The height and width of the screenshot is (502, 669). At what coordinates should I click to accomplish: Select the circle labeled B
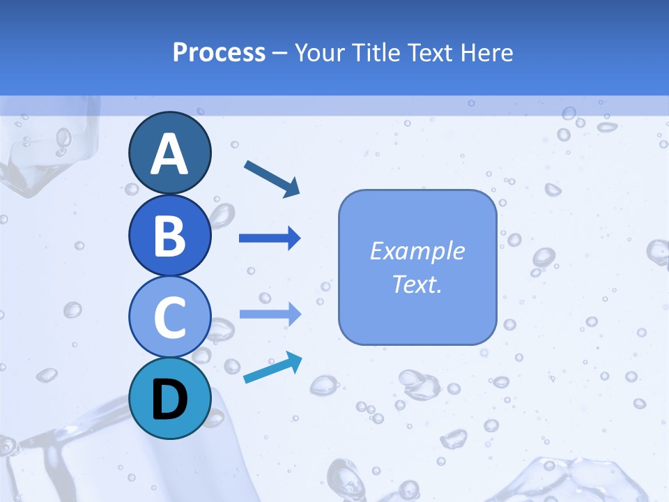169,235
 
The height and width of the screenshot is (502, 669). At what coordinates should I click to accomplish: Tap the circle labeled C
169,317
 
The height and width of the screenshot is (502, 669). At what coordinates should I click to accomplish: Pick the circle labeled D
169,398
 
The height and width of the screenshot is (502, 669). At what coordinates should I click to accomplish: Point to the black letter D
169,400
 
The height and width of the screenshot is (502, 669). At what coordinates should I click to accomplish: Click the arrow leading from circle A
272,178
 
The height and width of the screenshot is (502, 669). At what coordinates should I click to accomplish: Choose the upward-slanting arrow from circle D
272,368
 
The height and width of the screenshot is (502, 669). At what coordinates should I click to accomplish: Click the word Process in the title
219,53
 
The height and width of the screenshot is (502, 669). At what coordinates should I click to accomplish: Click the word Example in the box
417,251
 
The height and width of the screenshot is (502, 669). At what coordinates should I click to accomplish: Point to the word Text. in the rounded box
417,284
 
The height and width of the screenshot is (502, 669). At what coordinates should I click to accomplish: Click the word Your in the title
319,53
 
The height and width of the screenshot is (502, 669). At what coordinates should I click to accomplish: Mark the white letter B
169,236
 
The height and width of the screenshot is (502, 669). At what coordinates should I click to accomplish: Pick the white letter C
169,318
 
